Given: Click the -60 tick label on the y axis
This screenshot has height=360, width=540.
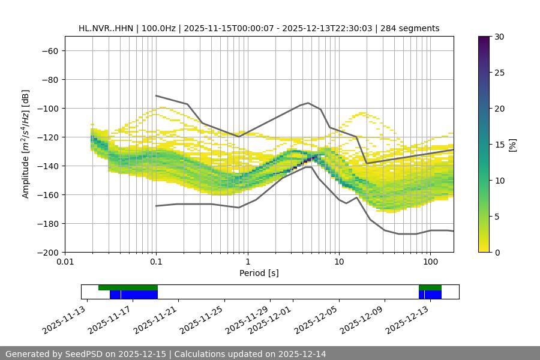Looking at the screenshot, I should tap(49, 50).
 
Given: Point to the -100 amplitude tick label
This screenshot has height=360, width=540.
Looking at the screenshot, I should tap(47, 108).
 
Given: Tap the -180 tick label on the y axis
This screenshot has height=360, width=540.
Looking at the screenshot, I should tap(47, 223).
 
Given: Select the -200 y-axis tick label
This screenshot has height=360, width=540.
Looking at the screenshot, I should tap(47, 252).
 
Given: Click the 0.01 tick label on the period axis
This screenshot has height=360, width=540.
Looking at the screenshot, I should tap(65, 262).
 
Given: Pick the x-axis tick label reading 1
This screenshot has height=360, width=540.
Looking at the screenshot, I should tap(247, 262).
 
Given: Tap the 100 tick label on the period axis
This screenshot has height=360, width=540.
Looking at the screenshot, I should tap(430, 262).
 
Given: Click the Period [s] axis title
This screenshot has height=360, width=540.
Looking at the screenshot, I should tap(259, 273).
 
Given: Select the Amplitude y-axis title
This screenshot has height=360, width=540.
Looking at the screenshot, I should tap(26, 144).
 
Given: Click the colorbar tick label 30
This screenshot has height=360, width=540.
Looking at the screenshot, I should tap(499, 37).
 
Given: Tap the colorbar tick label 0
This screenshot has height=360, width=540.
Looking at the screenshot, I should tap(497, 252).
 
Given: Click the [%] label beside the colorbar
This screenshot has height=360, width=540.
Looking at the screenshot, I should tap(512, 145).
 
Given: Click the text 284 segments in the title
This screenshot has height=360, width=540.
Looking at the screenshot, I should tap(415, 28).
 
